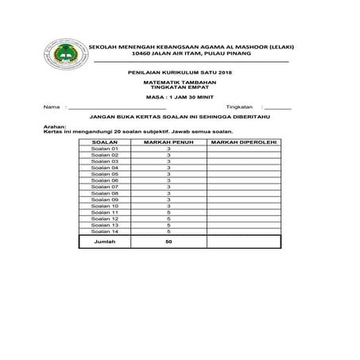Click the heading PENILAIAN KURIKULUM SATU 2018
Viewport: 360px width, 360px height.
(x=179, y=72)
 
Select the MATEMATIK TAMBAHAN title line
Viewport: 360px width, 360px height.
(x=179, y=82)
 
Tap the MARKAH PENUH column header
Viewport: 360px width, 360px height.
(x=168, y=141)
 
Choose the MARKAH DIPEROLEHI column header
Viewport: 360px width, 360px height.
(x=242, y=141)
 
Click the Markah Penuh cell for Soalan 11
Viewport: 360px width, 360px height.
(x=168, y=212)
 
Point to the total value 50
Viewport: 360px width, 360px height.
(x=168, y=242)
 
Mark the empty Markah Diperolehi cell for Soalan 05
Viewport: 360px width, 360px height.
(x=242, y=174)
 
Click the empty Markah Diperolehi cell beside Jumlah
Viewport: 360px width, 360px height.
(x=242, y=242)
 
